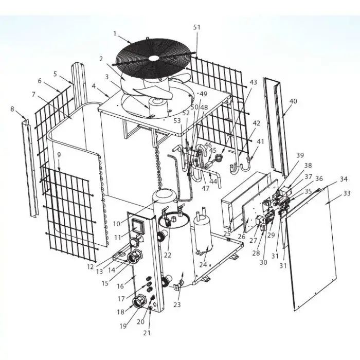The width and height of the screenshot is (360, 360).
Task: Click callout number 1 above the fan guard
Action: (115, 33)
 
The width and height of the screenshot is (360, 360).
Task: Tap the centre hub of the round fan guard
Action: (154, 58)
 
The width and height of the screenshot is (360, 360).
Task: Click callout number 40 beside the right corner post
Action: (293, 101)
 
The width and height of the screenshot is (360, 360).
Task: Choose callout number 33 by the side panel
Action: (347, 193)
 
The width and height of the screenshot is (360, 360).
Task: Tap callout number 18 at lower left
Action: (120, 312)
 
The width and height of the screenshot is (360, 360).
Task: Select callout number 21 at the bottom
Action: (147, 333)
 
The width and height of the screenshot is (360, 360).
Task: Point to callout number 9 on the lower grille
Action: (59, 155)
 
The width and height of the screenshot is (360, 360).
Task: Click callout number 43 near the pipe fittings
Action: (253, 82)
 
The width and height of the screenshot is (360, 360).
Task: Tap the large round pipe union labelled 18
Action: (140, 302)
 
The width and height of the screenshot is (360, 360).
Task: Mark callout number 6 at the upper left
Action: (40, 81)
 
